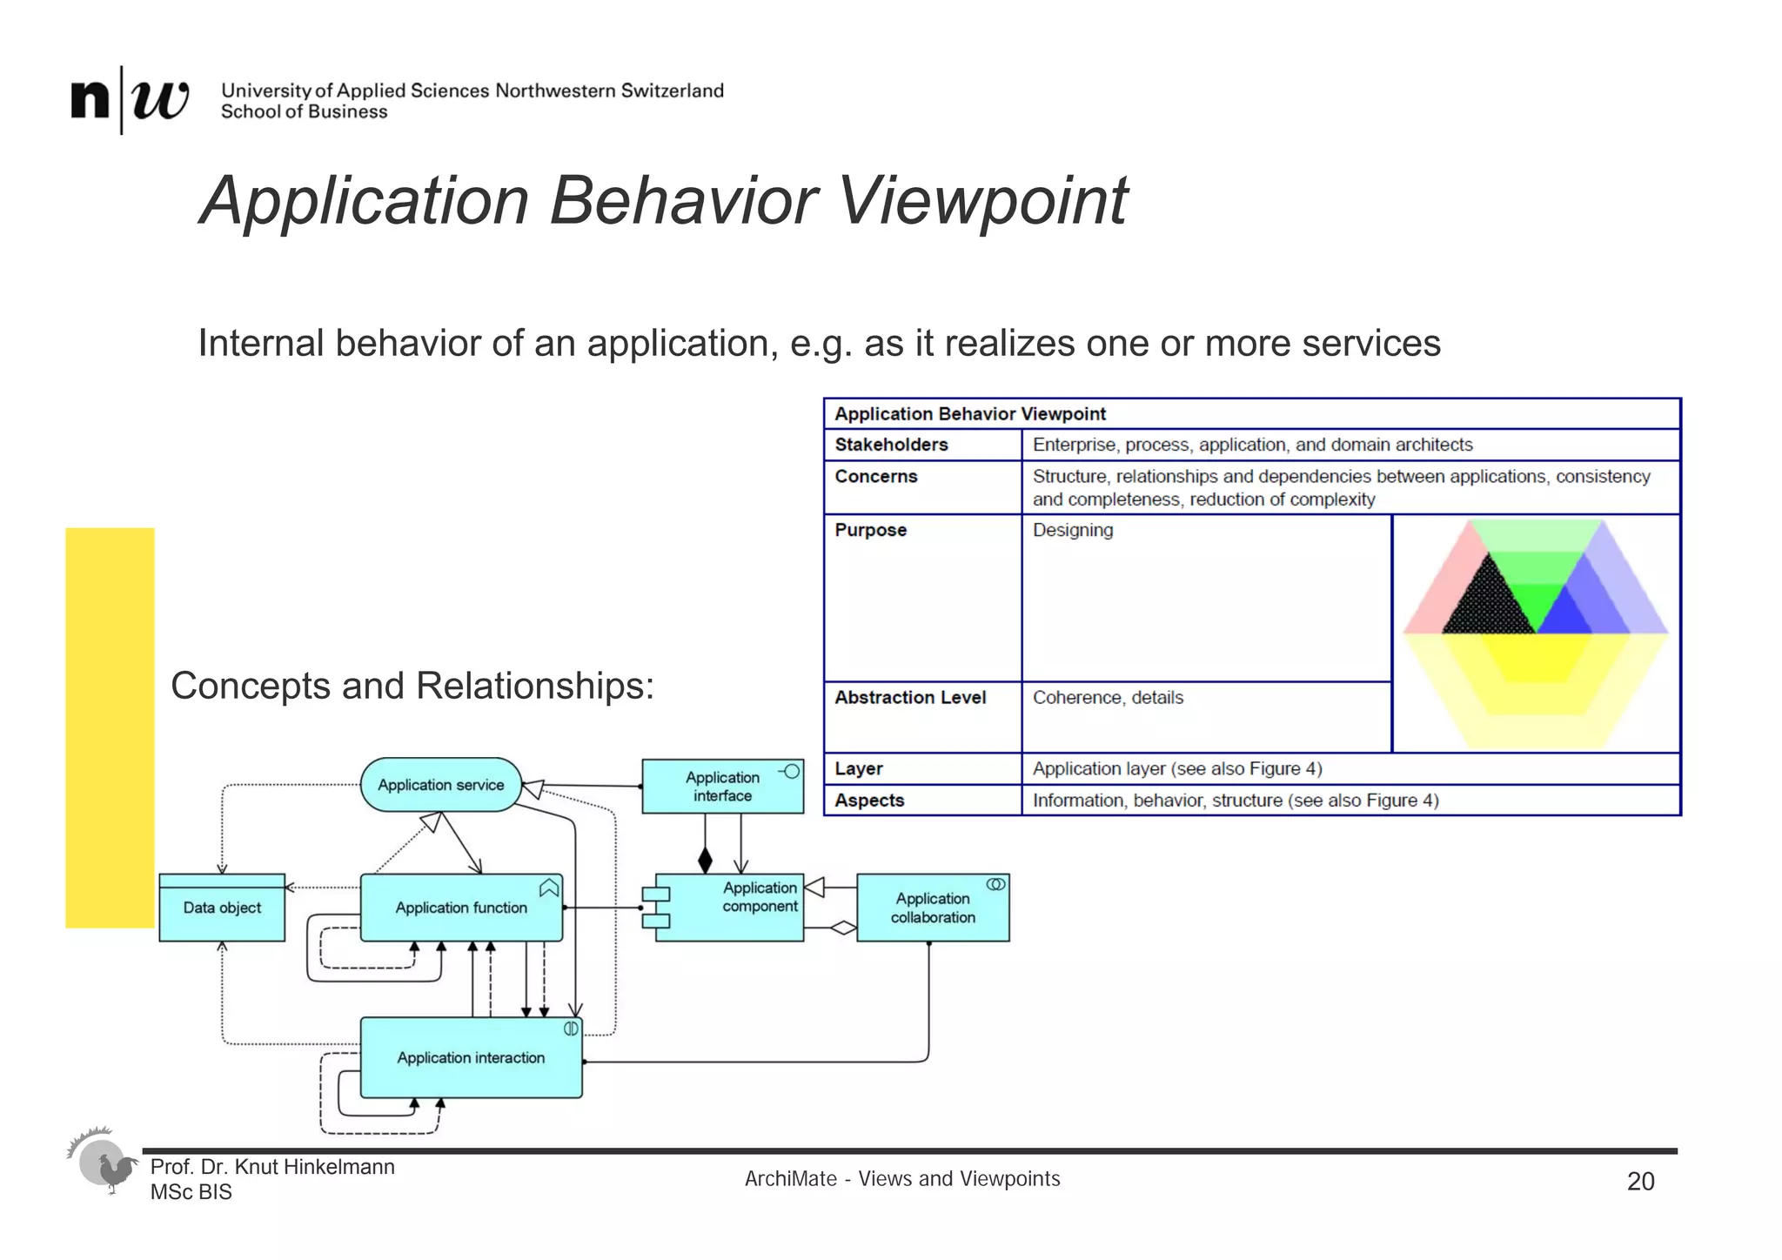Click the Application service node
pyautogui.click(x=440, y=785)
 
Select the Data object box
pyautogui.click(x=222, y=908)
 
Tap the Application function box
pyautogui.click(x=461, y=908)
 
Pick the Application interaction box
pyautogui.click(x=471, y=1057)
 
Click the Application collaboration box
pyautogui.click(x=933, y=908)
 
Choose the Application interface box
pyautogui.click(x=722, y=787)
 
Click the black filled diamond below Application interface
pyautogui.click(x=705, y=861)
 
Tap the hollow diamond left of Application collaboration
pyautogui.click(x=842, y=928)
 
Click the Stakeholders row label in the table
pyautogui.click(x=891, y=445)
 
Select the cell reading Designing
pyautogui.click(x=1073, y=530)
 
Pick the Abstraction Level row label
pyautogui.click(x=910, y=697)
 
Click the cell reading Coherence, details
pyautogui.click(x=1108, y=697)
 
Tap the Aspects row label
pyautogui.click(x=869, y=800)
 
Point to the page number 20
pyautogui.click(x=1640, y=1181)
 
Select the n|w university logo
pyautogui.click(x=130, y=99)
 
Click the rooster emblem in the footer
pyautogui.click(x=105, y=1163)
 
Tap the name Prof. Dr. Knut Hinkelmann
pyautogui.click(x=272, y=1167)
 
